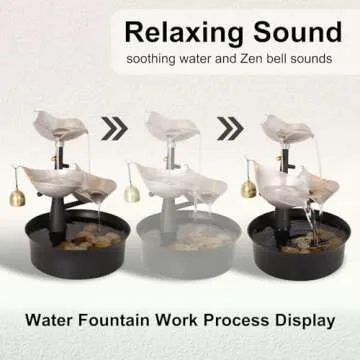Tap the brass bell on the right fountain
point(248,188)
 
